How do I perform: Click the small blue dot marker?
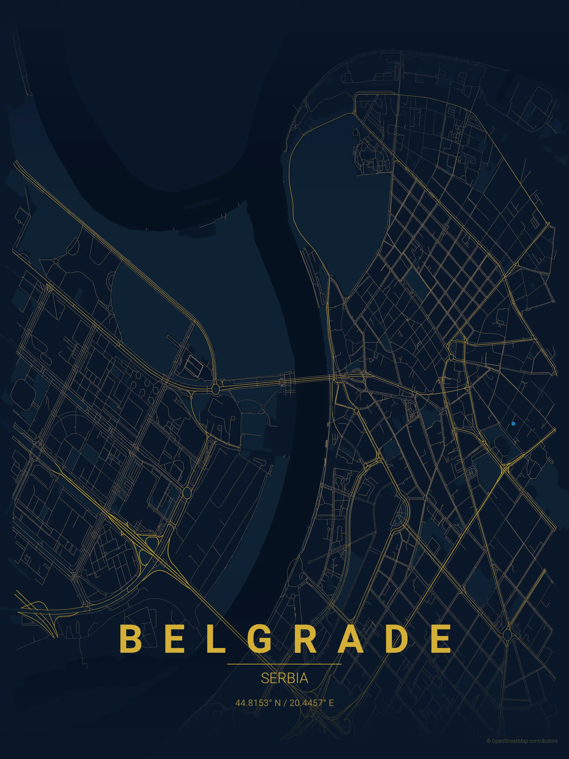(513, 424)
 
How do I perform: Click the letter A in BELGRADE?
(351, 639)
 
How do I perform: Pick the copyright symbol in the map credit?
(488, 750)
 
